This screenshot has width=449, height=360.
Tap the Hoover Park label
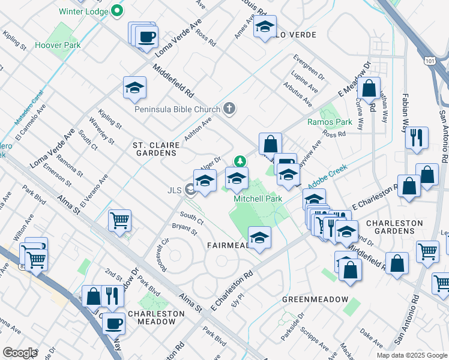pyautogui.click(x=58, y=45)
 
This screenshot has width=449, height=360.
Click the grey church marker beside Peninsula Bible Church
pyautogui.click(x=229, y=109)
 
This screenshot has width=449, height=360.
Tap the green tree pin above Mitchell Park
pyautogui.click(x=240, y=161)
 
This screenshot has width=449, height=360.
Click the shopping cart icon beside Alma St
pyautogui.click(x=119, y=220)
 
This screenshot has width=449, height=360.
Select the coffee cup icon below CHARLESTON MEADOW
pyautogui.click(x=113, y=323)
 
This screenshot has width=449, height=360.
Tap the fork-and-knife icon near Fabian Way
pyautogui.click(x=416, y=137)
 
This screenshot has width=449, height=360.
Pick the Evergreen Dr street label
pyautogui.click(x=309, y=68)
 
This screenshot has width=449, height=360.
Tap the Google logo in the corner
pyautogui.click(x=19, y=353)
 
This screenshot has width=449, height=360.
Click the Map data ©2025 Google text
pyautogui.click(x=411, y=355)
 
